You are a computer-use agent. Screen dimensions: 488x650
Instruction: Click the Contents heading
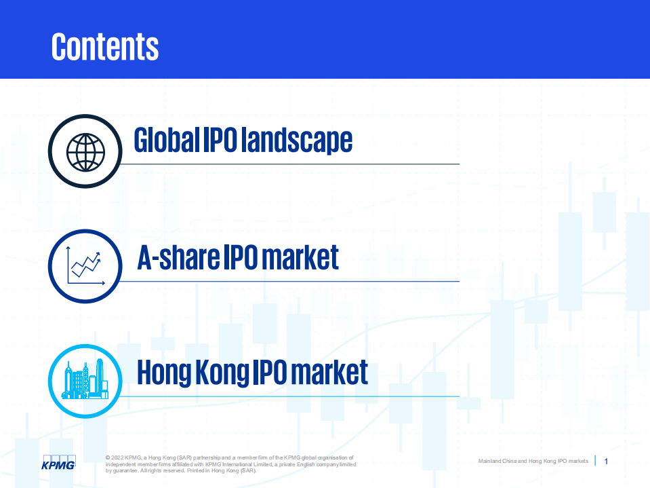pyautogui.click(x=105, y=46)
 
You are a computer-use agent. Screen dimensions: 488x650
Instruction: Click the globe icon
pyautogui.click(x=85, y=151)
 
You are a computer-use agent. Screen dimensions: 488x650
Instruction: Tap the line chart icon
pyautogui.click(x=85, y=266)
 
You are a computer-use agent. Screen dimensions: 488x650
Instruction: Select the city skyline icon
pyautogui.click(x=85, y=381)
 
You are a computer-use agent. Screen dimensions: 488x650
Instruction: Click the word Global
pyautogui.click(x=167, y=140)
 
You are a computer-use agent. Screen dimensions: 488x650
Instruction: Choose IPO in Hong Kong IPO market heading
pyautogui.click(x=272, y=373)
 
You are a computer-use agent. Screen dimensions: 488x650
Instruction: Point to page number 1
pyautogui.click(x=606, y=462)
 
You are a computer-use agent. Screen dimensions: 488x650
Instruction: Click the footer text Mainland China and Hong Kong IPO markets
pyautogui.click(x=533, y=462)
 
